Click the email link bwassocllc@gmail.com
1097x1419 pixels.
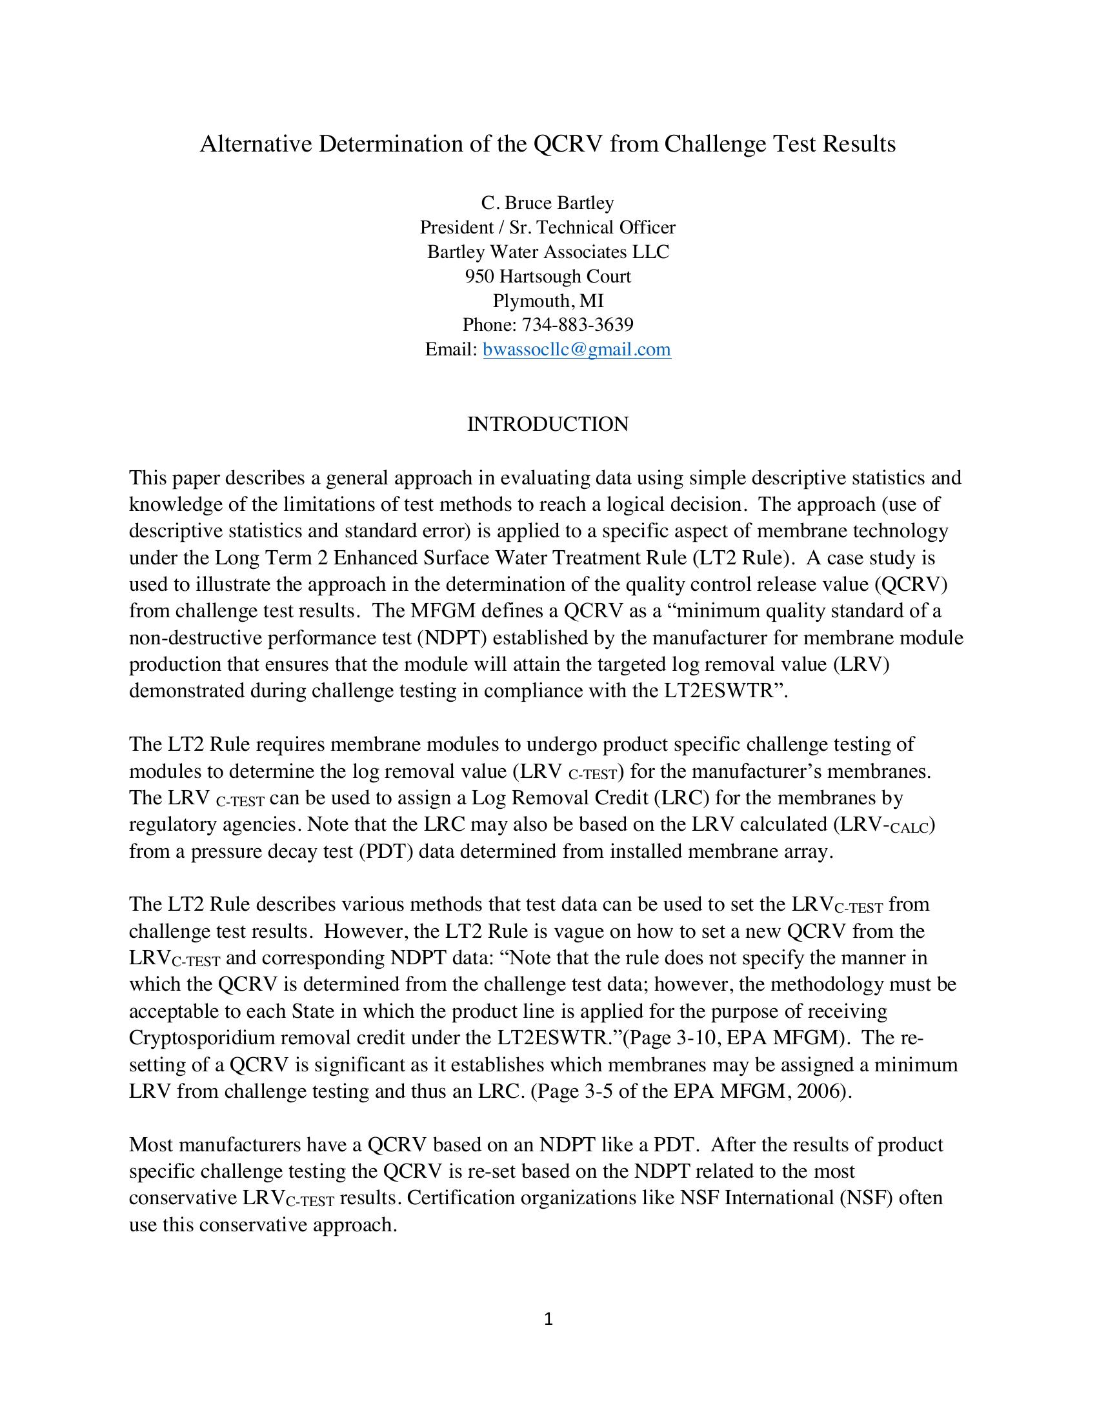coord(576,350)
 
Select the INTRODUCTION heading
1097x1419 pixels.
coord(548,424)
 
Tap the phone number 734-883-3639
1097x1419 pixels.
coord(578,325)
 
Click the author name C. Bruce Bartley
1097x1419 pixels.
coord(548,203)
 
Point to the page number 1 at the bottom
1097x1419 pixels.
coord(548,1319)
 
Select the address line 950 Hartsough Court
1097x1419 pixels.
coord(548,277)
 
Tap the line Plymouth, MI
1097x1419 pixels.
coord(548,301)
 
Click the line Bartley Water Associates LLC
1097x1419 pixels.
coord(548,252)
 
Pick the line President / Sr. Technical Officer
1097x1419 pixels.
coord(548,228)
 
